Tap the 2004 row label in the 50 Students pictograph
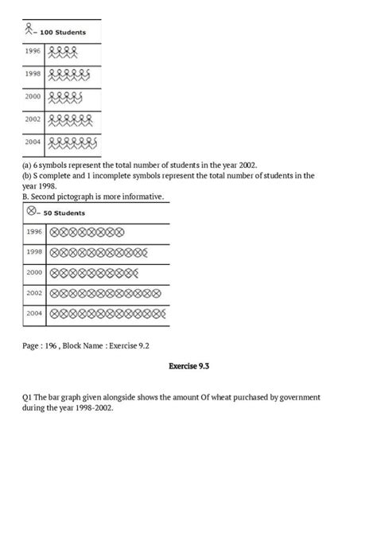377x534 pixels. pyautogui.click(x=34, y=314)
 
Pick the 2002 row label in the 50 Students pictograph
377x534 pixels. pyautogui.click(x=34, y=293)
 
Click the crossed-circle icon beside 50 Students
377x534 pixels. pyautogui.click(x=31, y=212)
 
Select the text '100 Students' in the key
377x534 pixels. pyautogui.click(x=64, y=33)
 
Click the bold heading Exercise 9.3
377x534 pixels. pyautogui.click(x=188, y=367)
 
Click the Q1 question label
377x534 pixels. pyautogui.click(x=28, y=396)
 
